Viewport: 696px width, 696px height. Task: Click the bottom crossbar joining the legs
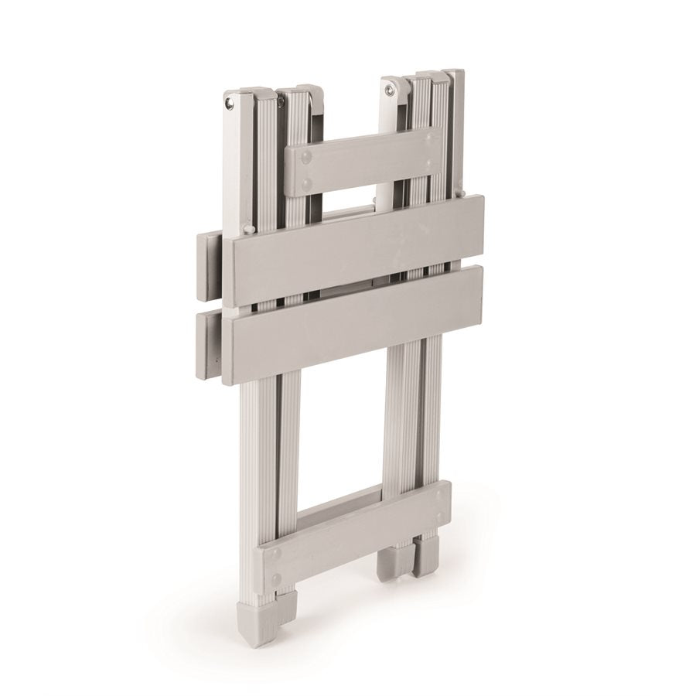click(x=356, y=534)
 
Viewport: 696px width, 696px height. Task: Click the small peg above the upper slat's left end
click(x=248, y=229)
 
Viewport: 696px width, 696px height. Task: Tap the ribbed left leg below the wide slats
click(x=267, y=456)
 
